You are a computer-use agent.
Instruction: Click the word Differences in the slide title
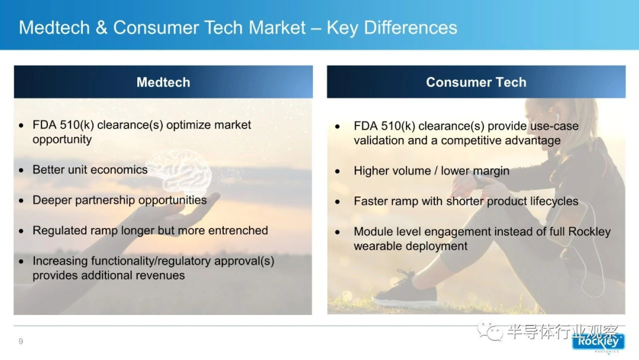(x=411, y=28)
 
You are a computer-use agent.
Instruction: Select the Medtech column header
(x=163, y=82)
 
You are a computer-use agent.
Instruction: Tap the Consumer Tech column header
(x=476, y=82)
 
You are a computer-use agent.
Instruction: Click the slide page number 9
(x=21, y=341)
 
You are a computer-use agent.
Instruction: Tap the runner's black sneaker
(x=405, y=290)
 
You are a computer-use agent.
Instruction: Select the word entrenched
(x=238, y=230)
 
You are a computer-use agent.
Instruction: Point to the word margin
(x=491, y=171)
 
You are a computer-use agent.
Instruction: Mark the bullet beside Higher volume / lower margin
(x=337, y=172)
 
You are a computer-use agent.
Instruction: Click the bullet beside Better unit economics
(x=21, y=170)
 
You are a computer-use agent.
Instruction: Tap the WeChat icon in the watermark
(x=490, y=330)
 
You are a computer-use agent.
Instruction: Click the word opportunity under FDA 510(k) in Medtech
(x=62, y=140)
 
